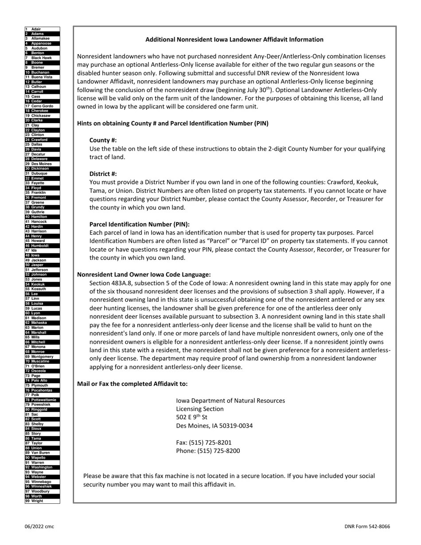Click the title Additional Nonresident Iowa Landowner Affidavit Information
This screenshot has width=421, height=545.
(234, 39)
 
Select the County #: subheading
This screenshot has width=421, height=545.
(103, 140)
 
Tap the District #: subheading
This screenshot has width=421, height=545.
(103, 174)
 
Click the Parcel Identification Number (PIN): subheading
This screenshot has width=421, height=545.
(139, 224)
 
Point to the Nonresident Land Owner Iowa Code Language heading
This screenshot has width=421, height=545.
(144, 275)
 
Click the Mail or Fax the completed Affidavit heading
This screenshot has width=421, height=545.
(132, 384)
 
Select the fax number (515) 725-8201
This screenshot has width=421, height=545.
(204, 442)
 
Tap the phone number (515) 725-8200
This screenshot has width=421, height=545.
(208, 451)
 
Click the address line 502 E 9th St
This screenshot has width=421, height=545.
(191, 417)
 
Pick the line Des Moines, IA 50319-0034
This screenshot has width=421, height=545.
(214, 426)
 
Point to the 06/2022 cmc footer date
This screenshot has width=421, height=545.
(39, 526)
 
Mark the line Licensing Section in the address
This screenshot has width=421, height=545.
(199, 409)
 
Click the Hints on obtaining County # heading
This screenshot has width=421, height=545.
(172, 123)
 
